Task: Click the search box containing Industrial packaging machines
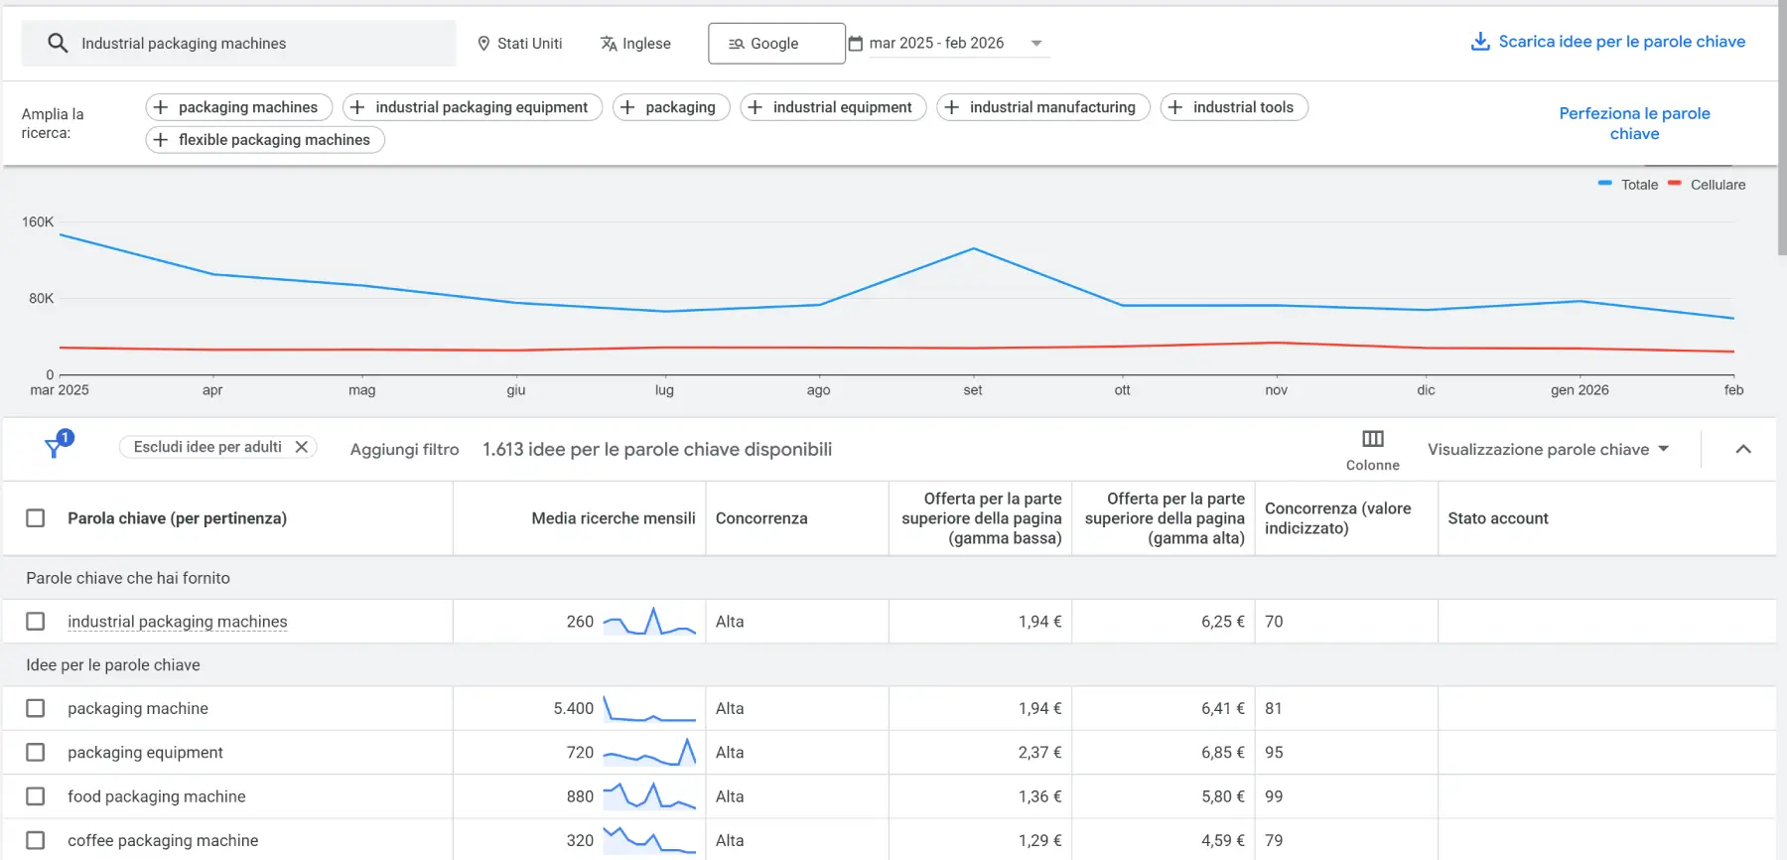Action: pos(238,44)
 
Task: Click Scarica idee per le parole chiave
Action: pos(1607,42)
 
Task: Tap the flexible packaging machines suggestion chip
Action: pos(265,140)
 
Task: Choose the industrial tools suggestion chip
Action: pos(1233,107)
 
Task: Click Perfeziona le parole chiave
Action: pos(1634,123)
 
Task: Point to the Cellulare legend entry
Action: pos(1717,185)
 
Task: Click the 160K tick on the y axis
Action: pos(38,221)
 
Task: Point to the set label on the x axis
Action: pos(973,390)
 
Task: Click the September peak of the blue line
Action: pos(974,248)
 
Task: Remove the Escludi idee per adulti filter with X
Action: pos(302,447)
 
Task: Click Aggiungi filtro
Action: pos(404,450)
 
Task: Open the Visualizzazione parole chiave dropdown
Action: pos(1548,450)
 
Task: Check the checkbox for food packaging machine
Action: pos(36,796)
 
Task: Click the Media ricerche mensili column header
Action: pos(613,518)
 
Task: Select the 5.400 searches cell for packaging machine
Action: pos(573,709)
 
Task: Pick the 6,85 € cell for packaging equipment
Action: pos(1222,753)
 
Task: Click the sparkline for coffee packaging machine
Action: pos(649,840)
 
